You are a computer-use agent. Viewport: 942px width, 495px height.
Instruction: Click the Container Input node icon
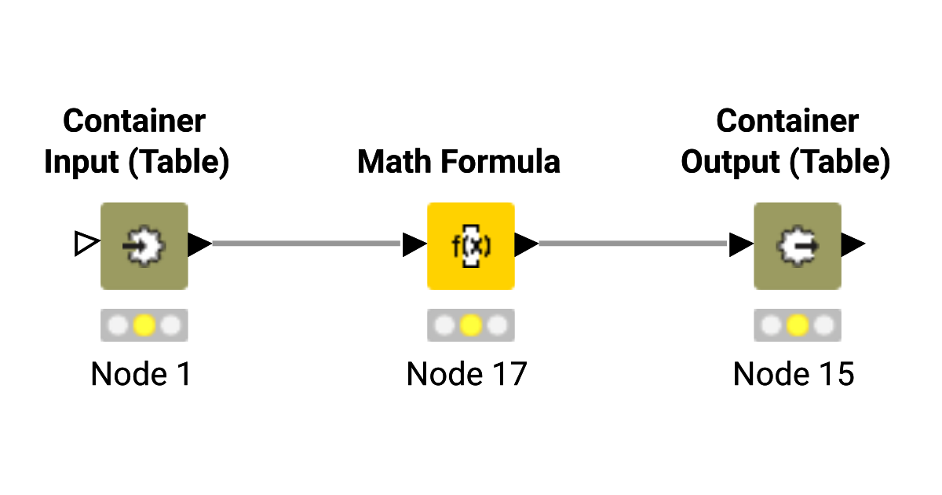(144, 246)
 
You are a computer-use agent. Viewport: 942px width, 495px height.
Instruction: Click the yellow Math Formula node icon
(470, 246)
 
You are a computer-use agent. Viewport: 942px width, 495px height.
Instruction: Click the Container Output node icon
(797, 246)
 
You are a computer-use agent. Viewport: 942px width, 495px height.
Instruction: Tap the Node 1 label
(141, 374)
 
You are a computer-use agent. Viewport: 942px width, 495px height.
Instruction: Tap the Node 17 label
(466, 374)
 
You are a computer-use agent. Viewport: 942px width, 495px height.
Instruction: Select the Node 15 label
(793, 374)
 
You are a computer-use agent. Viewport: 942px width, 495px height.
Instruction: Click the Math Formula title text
(459, 162)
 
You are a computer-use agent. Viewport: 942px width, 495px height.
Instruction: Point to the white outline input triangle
(86, 244)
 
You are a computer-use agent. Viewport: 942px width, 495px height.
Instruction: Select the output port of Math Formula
(526, 244)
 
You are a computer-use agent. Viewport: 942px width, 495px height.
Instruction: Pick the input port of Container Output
(740, 244)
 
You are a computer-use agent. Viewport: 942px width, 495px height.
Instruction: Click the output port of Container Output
(853, 244)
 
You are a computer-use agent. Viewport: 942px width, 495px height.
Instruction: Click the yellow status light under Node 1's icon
(144, 325)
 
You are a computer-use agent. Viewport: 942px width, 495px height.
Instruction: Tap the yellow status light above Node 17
(470, 325)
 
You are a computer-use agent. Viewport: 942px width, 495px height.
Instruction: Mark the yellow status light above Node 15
(797, 325)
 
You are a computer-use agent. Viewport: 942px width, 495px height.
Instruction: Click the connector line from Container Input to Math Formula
(306, 244)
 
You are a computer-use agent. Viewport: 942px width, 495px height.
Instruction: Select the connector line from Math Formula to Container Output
(633, 244)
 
